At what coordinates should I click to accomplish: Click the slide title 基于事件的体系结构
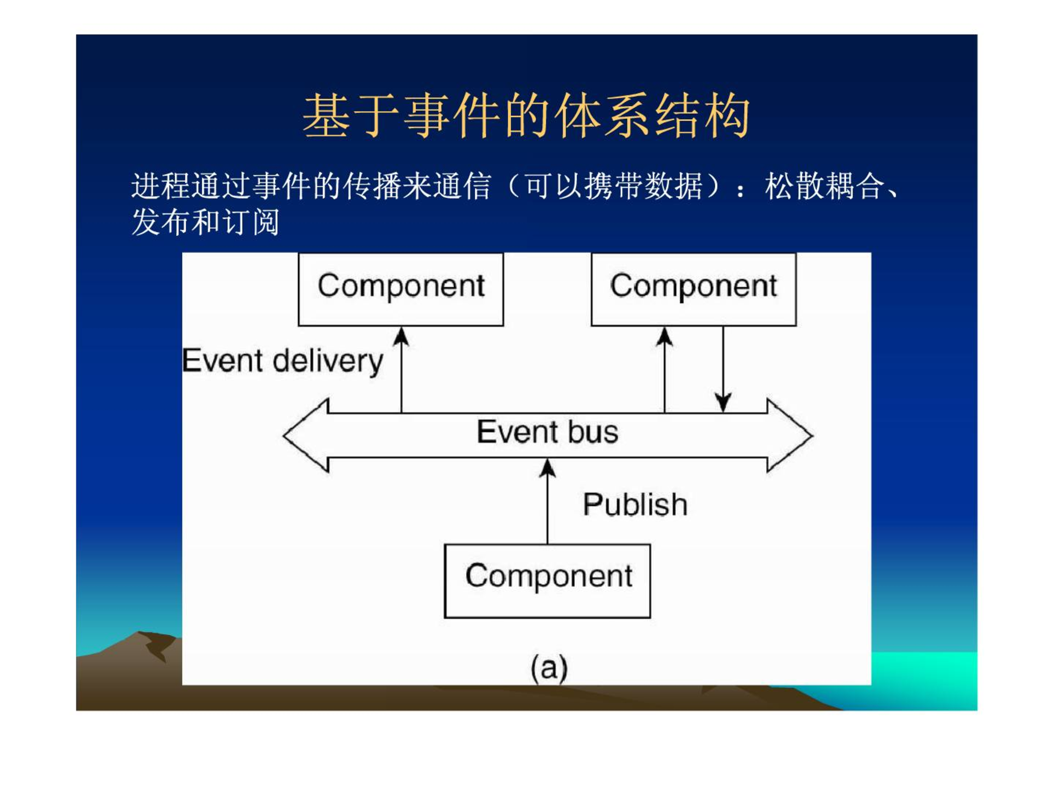pos(526,116)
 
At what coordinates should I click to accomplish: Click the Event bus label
pos(547,432)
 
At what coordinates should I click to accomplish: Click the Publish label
pos(635,504)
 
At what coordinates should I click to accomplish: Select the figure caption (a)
pos(549,668)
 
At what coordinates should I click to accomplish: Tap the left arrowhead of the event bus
pos(306,435)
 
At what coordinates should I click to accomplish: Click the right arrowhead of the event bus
pos(790,435)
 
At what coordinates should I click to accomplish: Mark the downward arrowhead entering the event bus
pos(723,403)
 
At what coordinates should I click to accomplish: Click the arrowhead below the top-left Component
pos(401,337)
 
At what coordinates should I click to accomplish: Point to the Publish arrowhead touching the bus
pos(547,468)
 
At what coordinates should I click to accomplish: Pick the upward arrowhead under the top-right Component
pos(665,337)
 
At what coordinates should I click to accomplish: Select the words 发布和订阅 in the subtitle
pos(206,222)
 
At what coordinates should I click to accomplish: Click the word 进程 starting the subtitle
pos(161,186)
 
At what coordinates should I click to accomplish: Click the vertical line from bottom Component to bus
pos(547,501)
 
